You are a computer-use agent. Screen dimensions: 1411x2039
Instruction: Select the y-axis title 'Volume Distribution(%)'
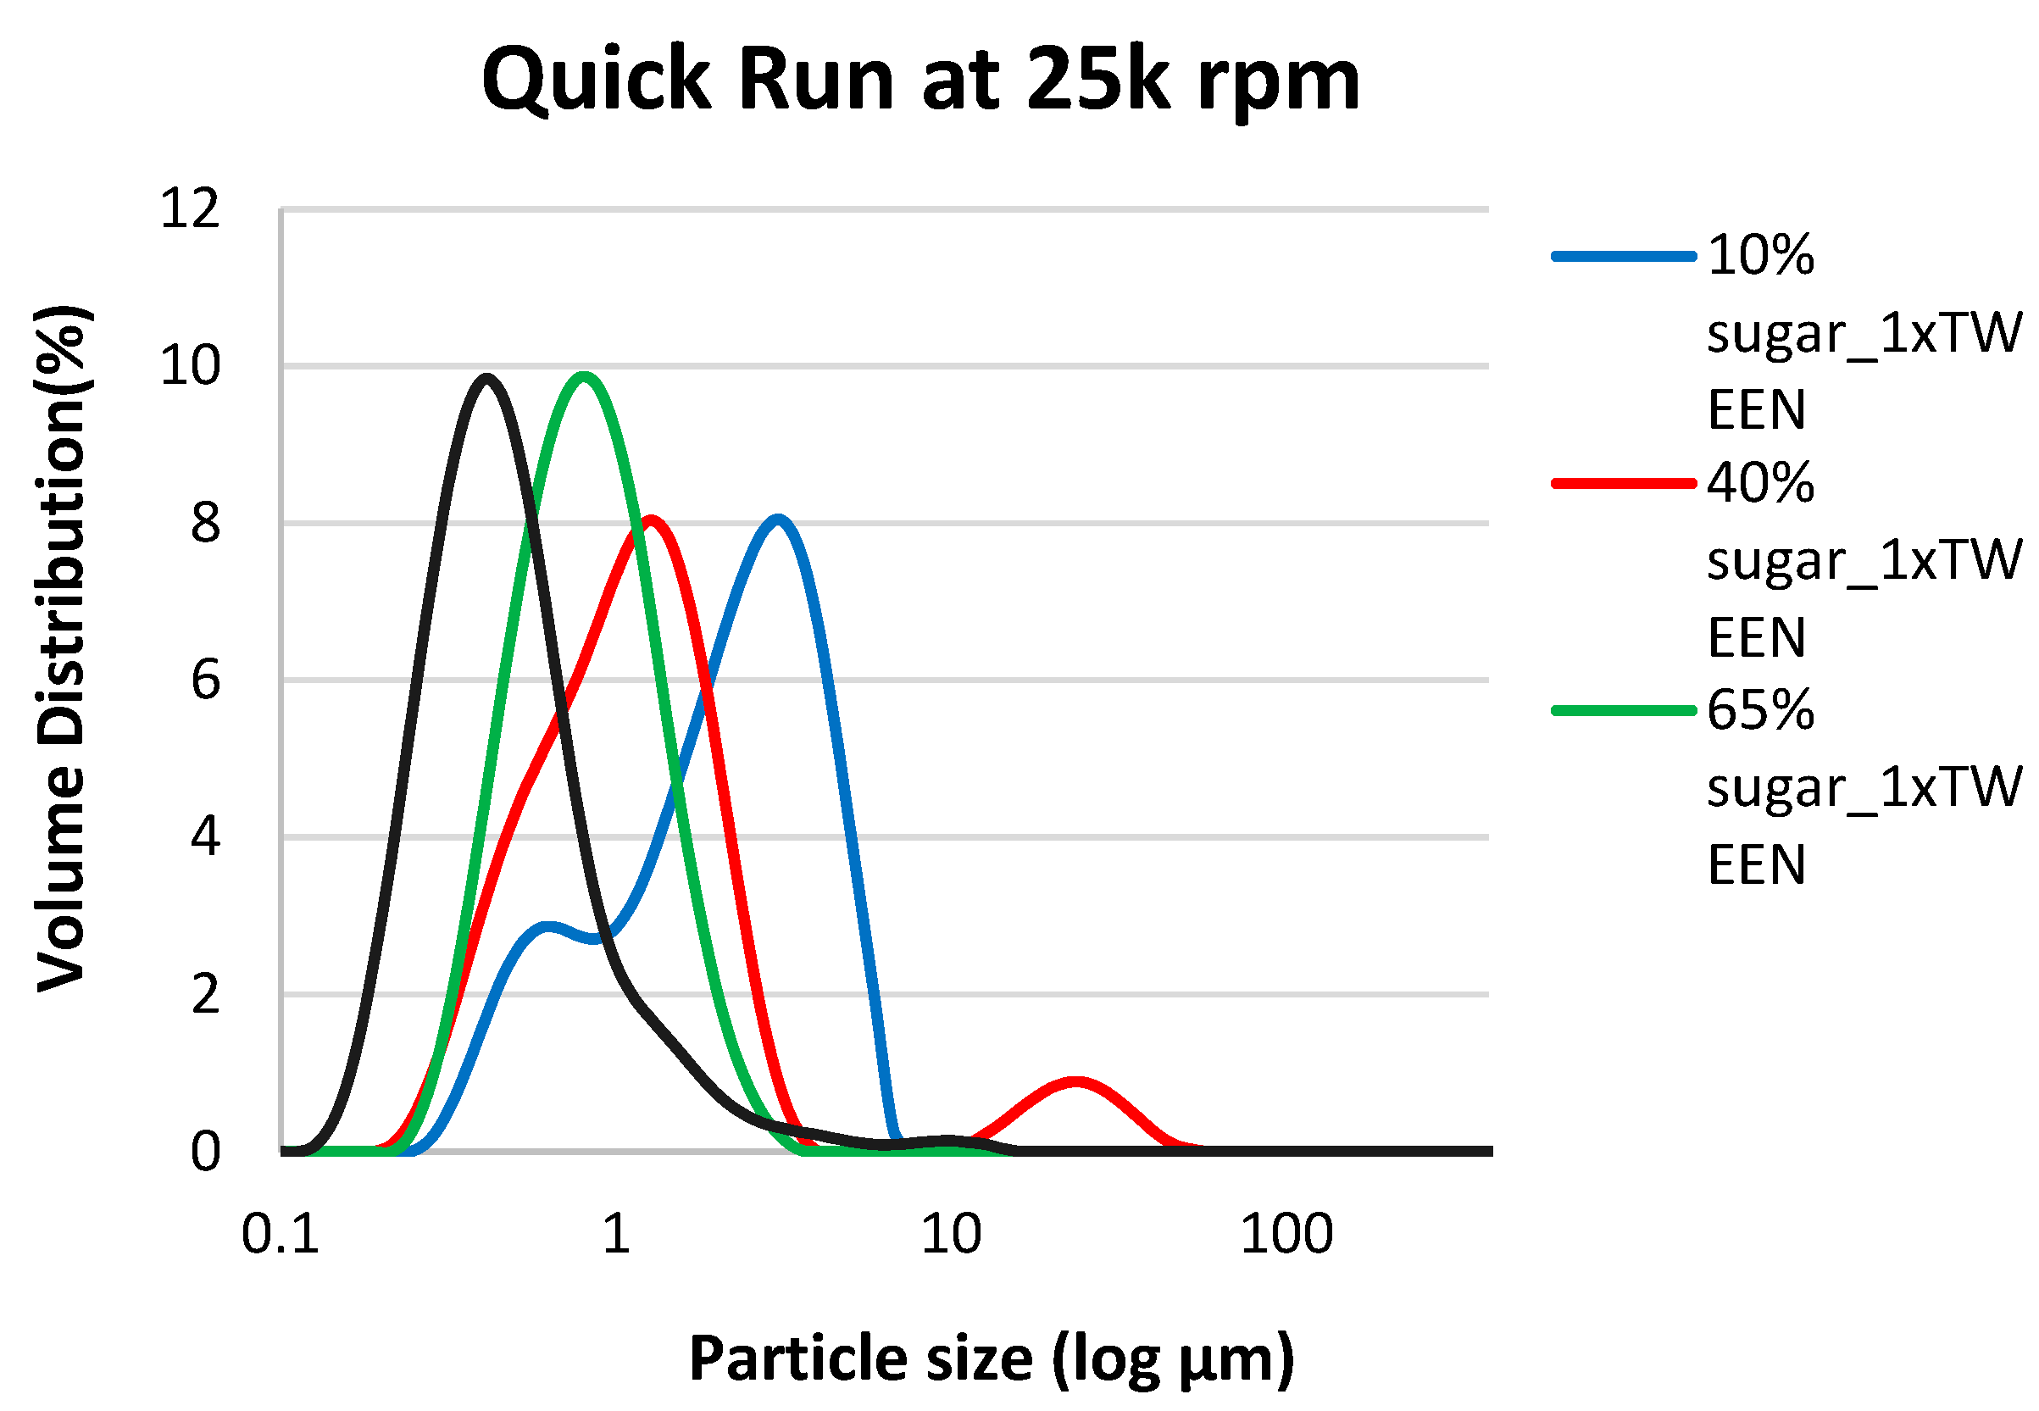pos(62,650)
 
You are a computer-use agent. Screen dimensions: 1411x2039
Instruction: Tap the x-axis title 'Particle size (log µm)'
pos(991,1358)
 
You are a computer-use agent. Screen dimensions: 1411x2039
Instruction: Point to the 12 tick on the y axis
pos(189,210)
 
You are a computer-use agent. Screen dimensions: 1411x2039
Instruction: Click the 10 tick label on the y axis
pos(189,366)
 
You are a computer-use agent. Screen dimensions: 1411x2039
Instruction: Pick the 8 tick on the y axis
pos(205,524)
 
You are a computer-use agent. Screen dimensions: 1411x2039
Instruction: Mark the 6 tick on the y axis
pos(205,681)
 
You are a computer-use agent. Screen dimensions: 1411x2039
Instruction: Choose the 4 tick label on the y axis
pos(205,836)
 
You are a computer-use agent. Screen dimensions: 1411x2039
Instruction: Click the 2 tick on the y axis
pos(205,996)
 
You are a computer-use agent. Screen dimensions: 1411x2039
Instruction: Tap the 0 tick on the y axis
pos(205,1153)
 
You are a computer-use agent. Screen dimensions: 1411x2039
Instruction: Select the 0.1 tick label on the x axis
pos(280,1234)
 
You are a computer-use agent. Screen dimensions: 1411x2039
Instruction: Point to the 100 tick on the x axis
pos(1286,1234)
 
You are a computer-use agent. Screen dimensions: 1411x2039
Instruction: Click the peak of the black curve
pos(486,379)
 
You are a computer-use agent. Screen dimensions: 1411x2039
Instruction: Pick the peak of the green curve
pos(583,376)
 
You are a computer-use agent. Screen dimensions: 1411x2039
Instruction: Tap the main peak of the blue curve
pos(778,519)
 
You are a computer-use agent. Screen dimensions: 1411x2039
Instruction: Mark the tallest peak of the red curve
pos(652,519)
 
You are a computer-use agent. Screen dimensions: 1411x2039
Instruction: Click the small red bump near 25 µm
pos(1075,1082)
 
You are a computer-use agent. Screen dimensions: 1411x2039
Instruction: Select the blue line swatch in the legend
pos(1624,257)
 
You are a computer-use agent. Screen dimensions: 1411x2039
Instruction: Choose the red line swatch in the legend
pos(1624,484)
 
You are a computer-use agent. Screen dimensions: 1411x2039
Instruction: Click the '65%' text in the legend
pos(1759,710)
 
